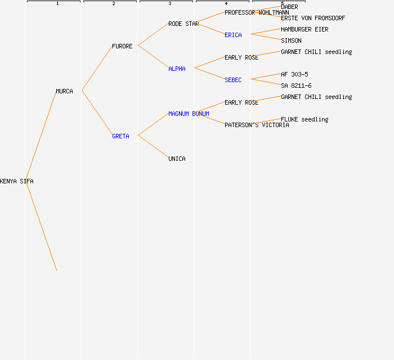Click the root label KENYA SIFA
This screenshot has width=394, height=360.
17,181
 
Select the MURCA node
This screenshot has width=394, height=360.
64,91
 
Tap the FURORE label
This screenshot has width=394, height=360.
122,46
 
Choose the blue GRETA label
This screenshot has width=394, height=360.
120,136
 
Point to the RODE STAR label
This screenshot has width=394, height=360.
183,24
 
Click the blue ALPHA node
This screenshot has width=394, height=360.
177,69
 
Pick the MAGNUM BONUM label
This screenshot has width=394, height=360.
189,114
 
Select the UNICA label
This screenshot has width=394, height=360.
177,159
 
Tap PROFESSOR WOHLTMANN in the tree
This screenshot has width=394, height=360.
257,12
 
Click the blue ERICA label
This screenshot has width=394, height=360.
233,35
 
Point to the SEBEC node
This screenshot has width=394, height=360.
233,80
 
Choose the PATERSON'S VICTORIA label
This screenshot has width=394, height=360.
257,125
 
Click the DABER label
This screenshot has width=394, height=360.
289,7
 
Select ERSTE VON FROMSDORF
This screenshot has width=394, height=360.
313,18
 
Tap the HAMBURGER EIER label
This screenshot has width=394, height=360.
305,29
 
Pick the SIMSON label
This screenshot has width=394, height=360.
291,40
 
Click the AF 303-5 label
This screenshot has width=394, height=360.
294,74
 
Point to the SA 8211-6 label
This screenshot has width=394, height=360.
296,85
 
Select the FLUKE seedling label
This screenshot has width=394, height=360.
305,119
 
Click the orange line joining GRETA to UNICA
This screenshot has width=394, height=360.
153,147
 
